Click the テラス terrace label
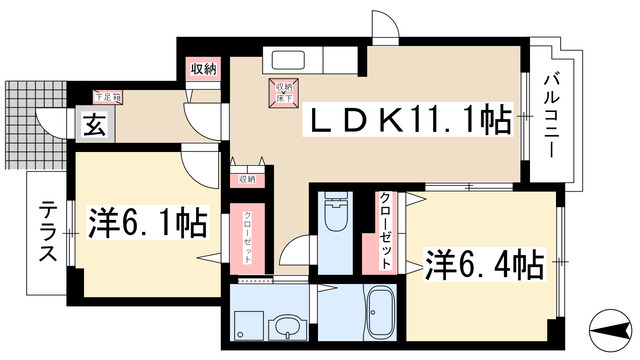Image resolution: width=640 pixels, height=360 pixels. tap(47, 232)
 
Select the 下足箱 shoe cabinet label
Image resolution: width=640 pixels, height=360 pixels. tap(107, 97)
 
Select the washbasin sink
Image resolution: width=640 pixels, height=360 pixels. tap(288, 324)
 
